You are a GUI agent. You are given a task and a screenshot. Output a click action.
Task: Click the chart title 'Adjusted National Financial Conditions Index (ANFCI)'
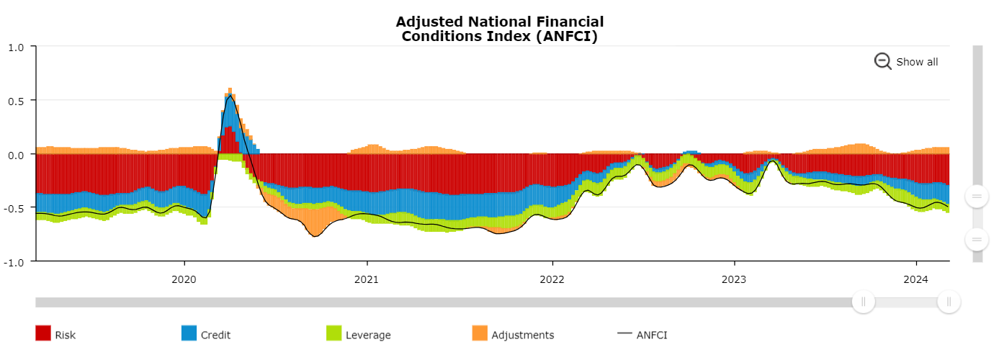coord(499,29)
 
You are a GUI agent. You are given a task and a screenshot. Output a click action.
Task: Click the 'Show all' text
coord(917,62)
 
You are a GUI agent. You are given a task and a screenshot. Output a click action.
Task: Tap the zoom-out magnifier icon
coord(882,61)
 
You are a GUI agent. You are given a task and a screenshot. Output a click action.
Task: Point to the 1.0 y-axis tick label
coord(17,47)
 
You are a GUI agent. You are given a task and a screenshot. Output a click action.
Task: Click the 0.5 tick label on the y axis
coord(17,101)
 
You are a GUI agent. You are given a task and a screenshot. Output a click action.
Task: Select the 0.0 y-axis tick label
coord(17,154)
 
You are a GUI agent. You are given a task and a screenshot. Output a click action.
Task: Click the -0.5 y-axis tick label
coord(15,208)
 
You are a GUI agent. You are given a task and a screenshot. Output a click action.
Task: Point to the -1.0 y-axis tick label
coord(15,262)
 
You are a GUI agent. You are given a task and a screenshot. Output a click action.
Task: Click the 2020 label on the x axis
coord(184,279)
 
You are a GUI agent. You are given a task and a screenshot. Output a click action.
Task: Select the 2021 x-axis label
coord(367,279)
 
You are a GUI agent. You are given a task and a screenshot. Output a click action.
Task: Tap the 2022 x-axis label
coord(552,279)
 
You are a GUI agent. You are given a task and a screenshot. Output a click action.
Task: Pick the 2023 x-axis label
coord(734,279)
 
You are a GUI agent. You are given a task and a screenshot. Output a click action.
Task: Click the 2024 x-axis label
coord(916,279)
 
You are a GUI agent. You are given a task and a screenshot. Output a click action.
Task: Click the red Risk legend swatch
coord(43,333)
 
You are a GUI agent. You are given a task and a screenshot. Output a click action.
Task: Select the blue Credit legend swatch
coord(189,333)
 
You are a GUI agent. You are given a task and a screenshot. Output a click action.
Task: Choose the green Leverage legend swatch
coord(333,333)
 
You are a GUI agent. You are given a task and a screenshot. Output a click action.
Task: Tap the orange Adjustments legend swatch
coord(480,333)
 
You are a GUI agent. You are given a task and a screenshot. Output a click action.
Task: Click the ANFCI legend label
coord(651,335)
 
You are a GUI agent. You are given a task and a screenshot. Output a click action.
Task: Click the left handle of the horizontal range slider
coord(863,302)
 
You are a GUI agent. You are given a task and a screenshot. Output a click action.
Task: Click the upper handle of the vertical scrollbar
coord(977,197)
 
